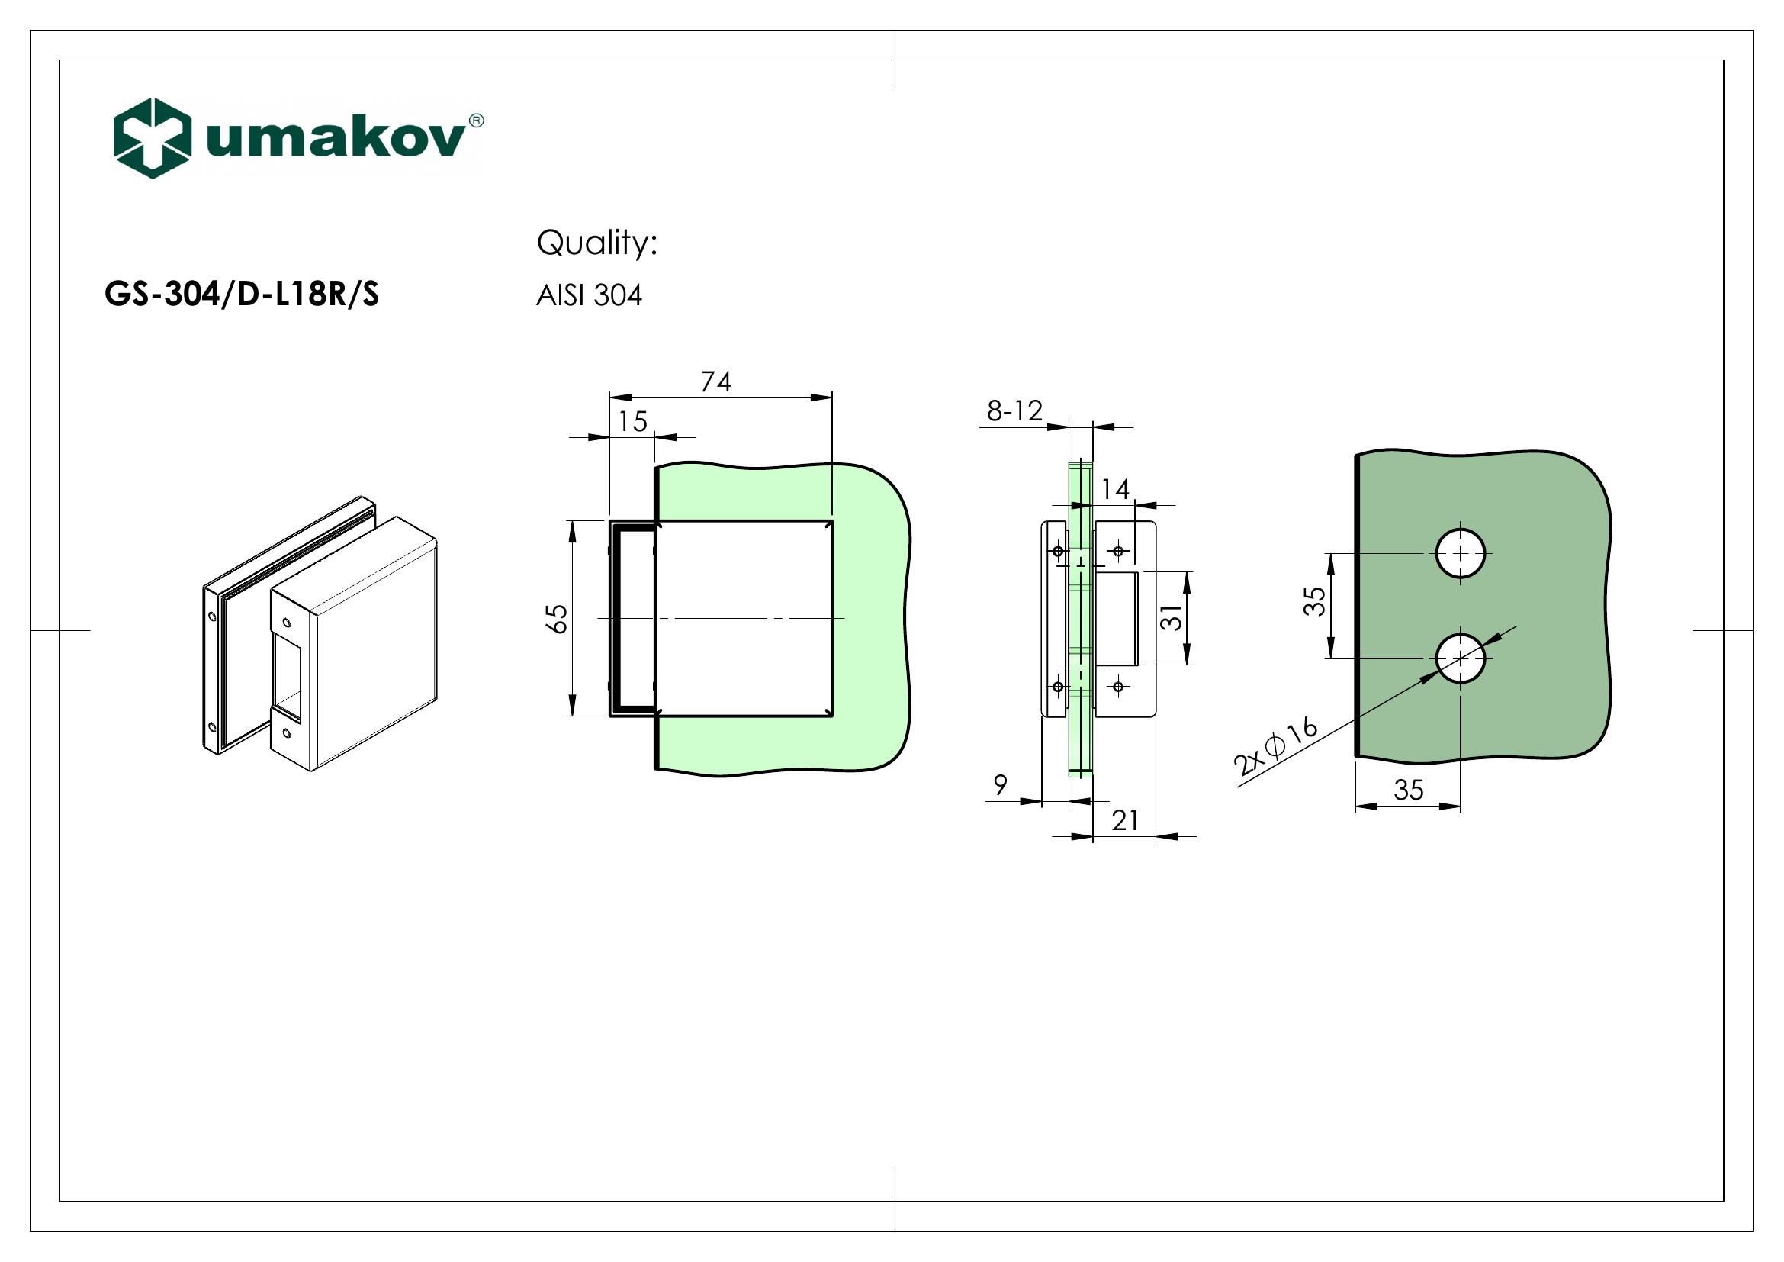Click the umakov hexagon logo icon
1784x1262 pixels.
click(x=152, y=138)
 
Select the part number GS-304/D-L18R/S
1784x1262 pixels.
click(x=242, y=295)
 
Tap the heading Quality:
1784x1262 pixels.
click(x=596, y=243)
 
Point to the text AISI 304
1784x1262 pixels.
click(x=589, y=296)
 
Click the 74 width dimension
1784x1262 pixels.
click(x=715, y=381)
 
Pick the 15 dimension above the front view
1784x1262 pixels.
click(x=632, y=422)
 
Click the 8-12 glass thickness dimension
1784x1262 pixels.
click(x=1014, y=410)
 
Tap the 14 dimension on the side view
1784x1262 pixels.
click(x=1115, y=489)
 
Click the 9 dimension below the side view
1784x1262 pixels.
click(x=1001, y=786)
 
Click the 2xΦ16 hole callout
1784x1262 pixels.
click(x=1275, y=748)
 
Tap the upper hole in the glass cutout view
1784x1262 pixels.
click(x=1460, y=553)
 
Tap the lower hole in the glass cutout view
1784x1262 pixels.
click(x=1460, y=658)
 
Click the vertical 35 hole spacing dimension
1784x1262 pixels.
click(x=1314, y=601)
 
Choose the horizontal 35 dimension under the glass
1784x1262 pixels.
click(x=1408, y=790)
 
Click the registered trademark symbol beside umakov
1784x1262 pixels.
click(x=477, y=121)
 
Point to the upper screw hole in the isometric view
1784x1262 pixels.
click(x=287, y=623)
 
